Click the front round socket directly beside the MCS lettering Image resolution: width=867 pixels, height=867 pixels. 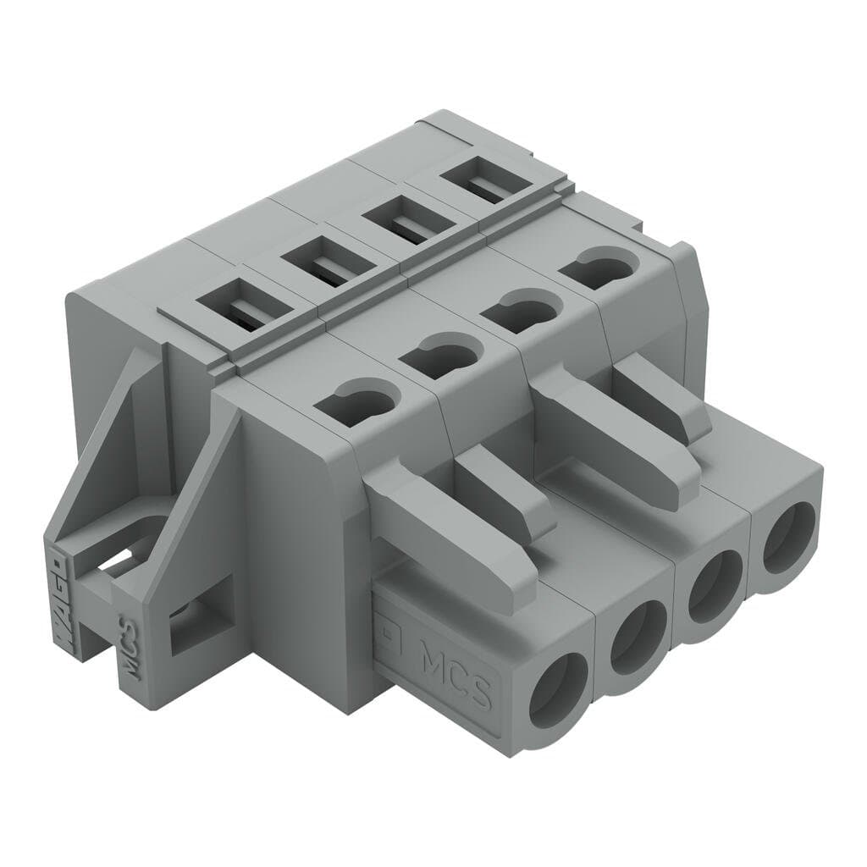(559, 693)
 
